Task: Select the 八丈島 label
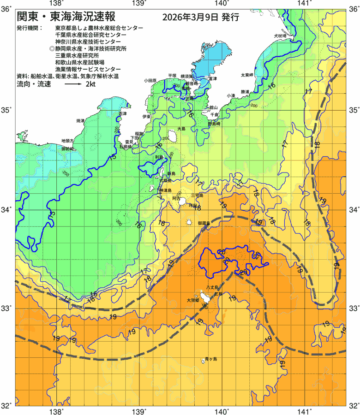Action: (x=213, y=287)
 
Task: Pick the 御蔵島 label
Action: (x=204, y=223)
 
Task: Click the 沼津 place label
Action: (x=122, y=113)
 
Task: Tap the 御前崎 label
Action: (x=68, y=149)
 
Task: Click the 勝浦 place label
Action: (x=245, y=92)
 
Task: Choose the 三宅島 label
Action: (x=197, y=196)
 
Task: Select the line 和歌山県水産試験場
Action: (x=80, y=62)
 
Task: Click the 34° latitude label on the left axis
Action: (x=8, y=210)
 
